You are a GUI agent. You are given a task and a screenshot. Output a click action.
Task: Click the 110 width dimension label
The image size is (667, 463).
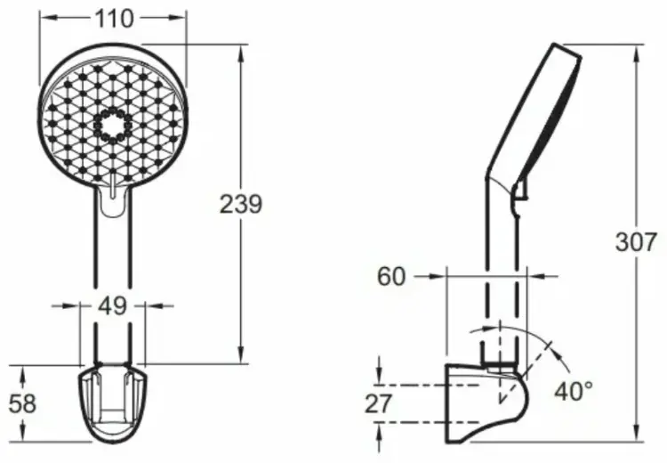pos(114,19)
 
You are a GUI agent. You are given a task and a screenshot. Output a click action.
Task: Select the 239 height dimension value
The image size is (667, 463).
pos(241,204)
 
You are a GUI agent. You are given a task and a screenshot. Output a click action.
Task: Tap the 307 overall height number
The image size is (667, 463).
pos(637,242)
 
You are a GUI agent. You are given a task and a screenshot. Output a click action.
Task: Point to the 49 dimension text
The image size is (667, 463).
pos(112,305)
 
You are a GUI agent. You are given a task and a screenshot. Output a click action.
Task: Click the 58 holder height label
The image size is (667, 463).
pos(23,403)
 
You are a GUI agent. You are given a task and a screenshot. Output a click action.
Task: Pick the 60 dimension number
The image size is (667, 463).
pos(391,276)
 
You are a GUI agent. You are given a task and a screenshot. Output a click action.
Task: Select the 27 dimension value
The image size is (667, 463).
pos(378,404)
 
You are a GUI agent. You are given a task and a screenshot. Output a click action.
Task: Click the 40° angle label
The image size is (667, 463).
pos(574,390)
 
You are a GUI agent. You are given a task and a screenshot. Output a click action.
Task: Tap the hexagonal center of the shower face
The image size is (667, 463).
pos(112,126)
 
